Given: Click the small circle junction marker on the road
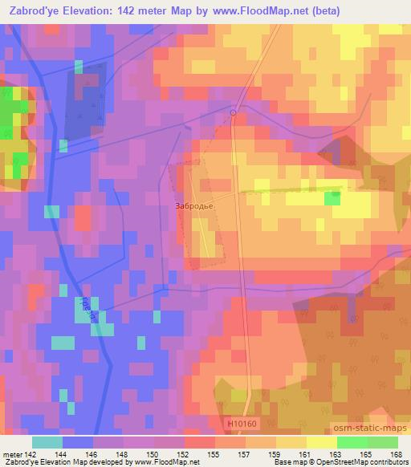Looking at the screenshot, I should (x=234, y=113).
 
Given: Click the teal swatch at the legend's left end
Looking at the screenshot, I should (x=47, y=441).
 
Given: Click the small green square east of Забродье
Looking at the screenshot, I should (x=332, y=197).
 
